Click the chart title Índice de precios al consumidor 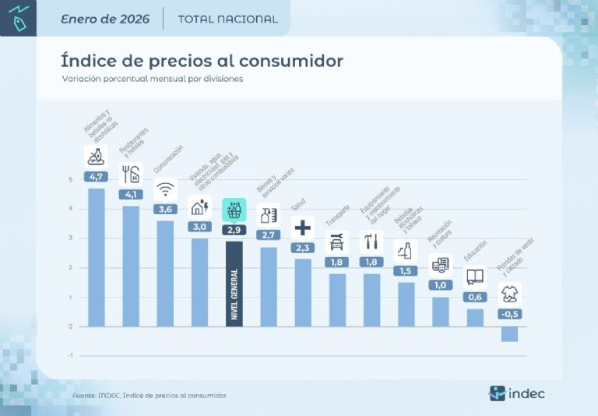(202, 60)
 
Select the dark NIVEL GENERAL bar (234, 284)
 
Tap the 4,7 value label (97, 177)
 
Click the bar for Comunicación (165, 273)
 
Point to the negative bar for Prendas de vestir (509, 334)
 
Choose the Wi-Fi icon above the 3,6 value (165, 189)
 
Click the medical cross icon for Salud (303, 227)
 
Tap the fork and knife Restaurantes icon (131, 174)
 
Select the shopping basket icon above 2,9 (234, 210)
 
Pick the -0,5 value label (509, 314)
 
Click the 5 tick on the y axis (71, 180)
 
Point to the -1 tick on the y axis (70, 355)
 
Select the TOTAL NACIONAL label (227, 19)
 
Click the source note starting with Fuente (149, 396)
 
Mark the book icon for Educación (475, 277)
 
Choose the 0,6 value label (475, 297)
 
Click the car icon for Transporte (337, 242)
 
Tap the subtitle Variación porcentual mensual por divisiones (152, 79)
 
